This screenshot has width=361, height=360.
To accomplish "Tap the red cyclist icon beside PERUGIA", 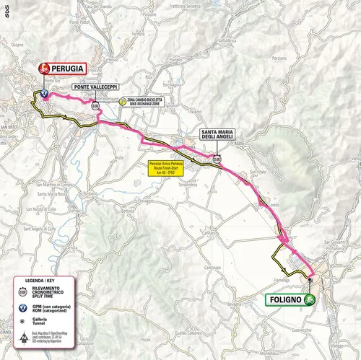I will [x=44, y=69].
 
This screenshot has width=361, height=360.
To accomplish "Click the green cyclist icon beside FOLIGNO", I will [x=310, y=299].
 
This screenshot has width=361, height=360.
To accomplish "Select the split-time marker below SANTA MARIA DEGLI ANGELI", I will [x=217, y=158].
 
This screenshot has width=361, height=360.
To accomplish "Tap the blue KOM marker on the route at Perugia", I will [x=43, y=94].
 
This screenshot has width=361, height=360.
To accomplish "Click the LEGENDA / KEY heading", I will [x=44, y=278].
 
